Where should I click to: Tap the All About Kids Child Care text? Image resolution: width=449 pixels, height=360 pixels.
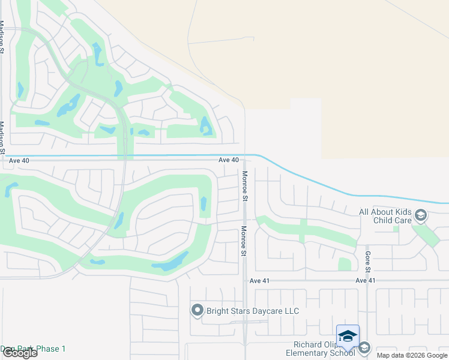(385, 216)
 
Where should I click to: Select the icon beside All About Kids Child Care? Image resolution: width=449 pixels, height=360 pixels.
(421, 215)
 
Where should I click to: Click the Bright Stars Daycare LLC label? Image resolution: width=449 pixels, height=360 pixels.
(252, 311)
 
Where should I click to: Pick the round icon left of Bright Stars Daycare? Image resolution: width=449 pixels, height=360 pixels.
(197, 310)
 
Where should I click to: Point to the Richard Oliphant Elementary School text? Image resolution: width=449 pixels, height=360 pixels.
(324, 349)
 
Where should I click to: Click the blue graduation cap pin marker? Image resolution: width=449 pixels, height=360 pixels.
(348, 337)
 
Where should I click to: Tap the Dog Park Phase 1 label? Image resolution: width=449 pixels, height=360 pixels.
(33, 349)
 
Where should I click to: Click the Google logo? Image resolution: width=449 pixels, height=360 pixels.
(20, 353)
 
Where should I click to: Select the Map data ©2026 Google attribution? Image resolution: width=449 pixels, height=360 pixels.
(411, 355)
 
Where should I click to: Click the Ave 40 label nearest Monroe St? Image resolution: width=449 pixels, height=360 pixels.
(229, 160)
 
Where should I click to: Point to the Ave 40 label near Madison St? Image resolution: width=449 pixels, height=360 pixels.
(19, 160)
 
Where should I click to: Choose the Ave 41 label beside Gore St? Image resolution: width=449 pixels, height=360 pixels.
(365, 280)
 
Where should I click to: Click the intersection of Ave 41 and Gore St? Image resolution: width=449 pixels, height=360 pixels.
(367, 280)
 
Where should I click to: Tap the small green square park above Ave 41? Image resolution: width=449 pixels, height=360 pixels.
(345, 264)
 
